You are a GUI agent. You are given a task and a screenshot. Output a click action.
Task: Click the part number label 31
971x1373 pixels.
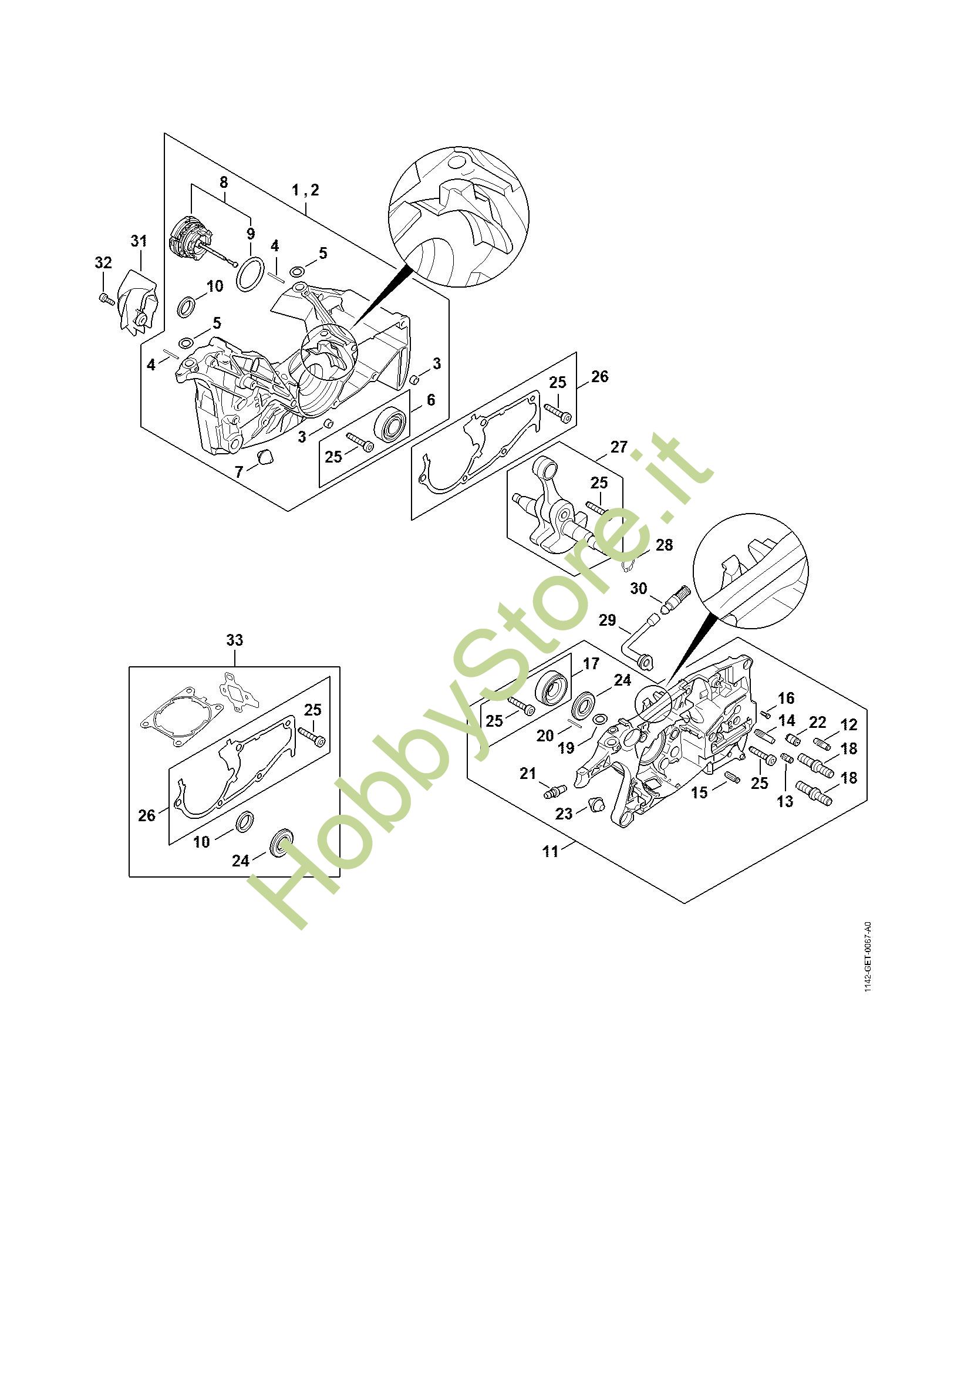coord(139,241)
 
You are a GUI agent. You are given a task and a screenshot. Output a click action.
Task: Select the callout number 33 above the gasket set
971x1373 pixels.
coord(235,640)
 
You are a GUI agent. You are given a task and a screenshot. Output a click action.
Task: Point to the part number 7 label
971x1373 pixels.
coord(239,473)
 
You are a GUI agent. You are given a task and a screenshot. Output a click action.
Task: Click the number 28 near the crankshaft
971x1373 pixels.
coord(665,545)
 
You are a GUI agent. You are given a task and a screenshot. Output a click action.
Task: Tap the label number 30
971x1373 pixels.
coord(639,588)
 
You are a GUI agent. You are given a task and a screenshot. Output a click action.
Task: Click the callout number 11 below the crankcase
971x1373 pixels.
coord(550,851)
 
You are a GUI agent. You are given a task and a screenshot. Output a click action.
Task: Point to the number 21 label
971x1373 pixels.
coord(528,774)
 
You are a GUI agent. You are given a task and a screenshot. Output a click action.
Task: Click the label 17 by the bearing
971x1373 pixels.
coord(591,663)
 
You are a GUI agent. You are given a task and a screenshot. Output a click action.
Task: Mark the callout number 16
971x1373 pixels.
coord(786,698)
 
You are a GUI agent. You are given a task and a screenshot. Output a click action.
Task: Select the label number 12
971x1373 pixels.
coord(848,725)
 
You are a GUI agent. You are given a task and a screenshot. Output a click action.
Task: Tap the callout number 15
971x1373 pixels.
coord(700,792)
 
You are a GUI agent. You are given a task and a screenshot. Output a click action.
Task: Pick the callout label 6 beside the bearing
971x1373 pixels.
coord(430,400)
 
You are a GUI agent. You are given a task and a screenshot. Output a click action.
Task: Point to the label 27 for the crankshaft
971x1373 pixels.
coord(619,447)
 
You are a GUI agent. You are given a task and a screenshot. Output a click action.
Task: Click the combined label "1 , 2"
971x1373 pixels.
coord(305,190)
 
